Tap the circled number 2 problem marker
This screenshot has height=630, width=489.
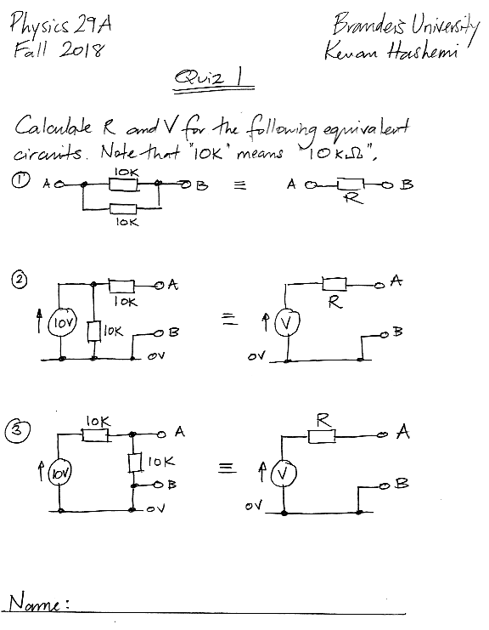coord(20,280)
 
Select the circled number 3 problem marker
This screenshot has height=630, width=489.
coord(18,430)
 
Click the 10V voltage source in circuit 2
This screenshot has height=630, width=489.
coord(61,321)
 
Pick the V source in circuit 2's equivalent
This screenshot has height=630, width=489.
coord(286,322)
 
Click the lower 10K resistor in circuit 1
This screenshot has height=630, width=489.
coord(123,209)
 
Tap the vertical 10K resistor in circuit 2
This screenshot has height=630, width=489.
coord(93,332)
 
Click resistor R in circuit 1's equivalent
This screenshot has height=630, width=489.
coord(351,184)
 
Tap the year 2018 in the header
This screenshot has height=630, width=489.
coord(81,50)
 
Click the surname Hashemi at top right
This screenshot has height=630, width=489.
coord(422,52)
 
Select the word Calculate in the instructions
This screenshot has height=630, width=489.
coord(53,126)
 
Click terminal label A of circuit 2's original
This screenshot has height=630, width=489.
coord(173,285)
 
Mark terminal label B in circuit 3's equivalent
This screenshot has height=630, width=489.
coord(402,483)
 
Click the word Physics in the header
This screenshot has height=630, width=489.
coord(40,25)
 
